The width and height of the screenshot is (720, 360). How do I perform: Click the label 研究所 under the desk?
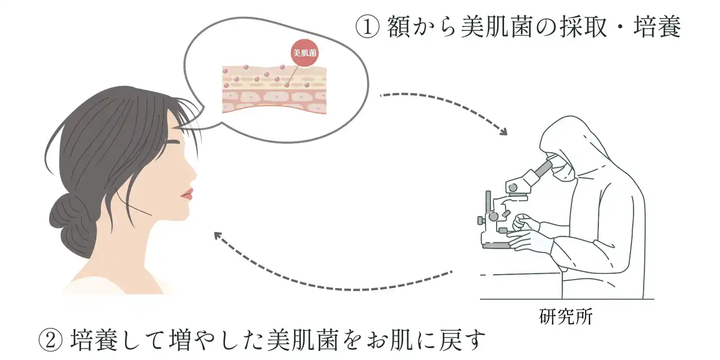click(x=565, y=316)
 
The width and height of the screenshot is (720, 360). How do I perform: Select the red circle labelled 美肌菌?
click(x=303, y=55)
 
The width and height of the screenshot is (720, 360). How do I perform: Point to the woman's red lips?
click(x=186, y=195)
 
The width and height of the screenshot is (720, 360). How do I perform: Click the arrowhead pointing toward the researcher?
click(x=502, y=131)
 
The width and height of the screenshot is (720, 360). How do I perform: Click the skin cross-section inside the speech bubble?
click(x=274, y=90)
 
